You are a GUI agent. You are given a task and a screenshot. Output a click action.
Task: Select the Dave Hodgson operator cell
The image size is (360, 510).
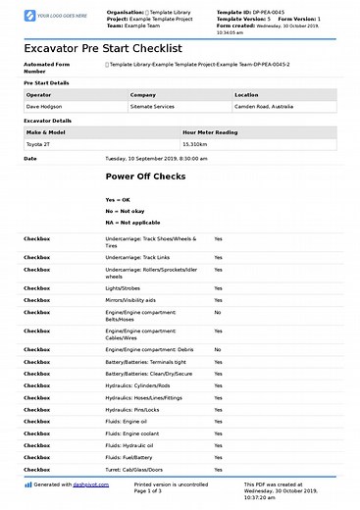[x=45, y=104]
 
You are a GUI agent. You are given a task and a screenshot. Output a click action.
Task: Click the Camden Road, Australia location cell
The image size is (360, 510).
[x=266, y=104]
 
